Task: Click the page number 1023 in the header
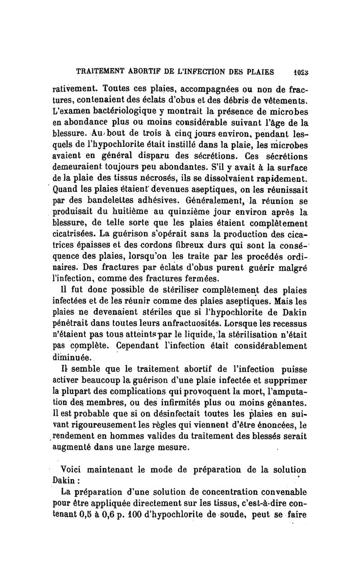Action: click(296, 72)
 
